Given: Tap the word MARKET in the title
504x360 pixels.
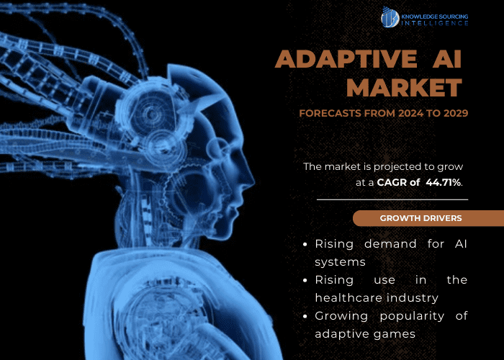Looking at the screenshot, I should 404,87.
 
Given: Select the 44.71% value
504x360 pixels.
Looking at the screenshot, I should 444,183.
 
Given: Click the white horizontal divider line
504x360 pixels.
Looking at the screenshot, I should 392,199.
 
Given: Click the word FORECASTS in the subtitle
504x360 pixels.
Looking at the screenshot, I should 326,113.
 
